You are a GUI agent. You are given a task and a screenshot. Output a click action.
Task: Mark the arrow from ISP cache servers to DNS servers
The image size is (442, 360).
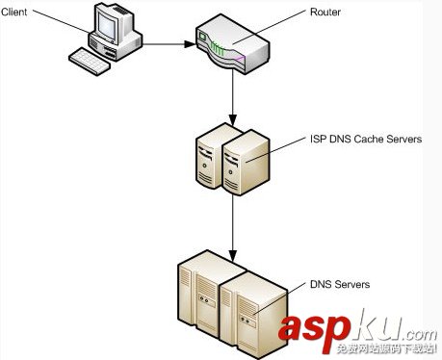pyautogui.click(x=233, y=221)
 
